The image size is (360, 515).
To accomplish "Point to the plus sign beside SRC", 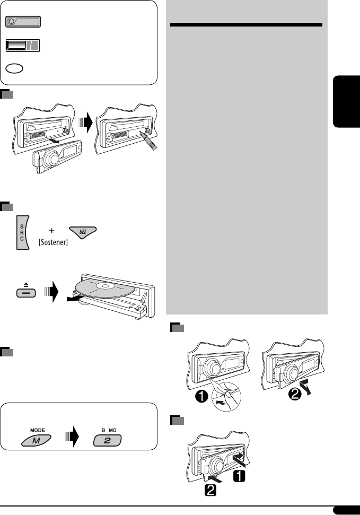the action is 51,232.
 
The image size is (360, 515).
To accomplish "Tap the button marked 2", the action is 108,440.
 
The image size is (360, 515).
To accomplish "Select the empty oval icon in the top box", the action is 16,69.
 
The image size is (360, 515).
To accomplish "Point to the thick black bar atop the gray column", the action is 248,25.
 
